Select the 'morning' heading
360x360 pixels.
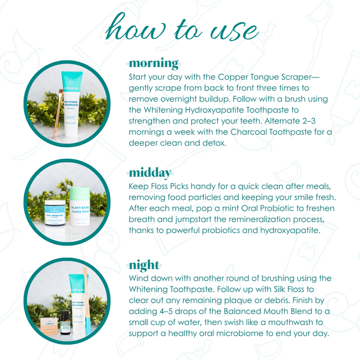click(x=153, y=63)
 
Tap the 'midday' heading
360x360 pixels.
click(x=150, y=173)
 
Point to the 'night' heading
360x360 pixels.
click(x=144, y=264)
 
